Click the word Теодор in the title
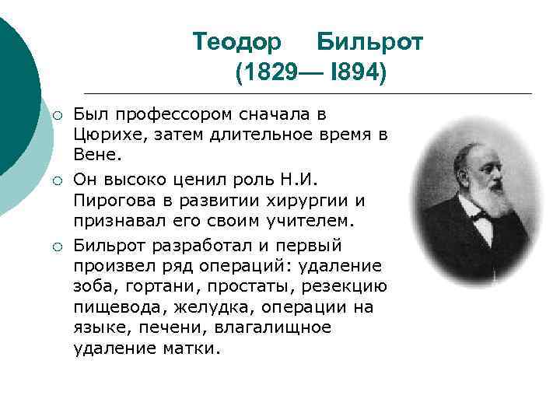229,41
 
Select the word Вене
96,155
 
